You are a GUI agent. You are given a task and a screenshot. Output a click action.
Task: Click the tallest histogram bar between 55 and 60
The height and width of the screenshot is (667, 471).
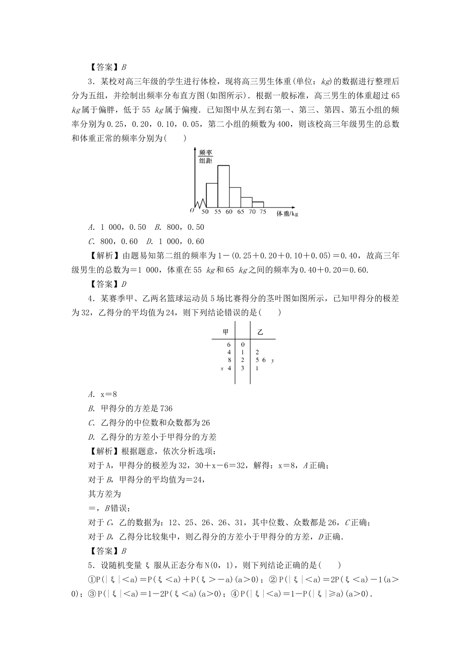(x=223, y=186)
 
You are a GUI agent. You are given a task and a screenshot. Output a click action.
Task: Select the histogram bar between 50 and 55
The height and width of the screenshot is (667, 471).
(x=212, y=195)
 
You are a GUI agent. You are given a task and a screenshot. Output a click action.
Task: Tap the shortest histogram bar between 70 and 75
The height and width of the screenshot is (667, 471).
(x=258, y=204)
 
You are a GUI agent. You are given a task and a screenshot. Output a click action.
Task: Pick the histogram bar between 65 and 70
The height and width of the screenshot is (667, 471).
(x=246, y=202)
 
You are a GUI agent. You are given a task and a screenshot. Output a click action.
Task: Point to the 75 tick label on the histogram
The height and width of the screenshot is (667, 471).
(x=263, y=212)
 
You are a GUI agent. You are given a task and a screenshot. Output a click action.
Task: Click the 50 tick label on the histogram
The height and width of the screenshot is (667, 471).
(x=205, y=212)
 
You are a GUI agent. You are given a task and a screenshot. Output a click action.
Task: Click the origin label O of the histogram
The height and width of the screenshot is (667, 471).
(x=191, y=210)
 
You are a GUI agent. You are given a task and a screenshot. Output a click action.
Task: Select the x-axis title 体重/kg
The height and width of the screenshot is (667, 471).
(x=288, y=214)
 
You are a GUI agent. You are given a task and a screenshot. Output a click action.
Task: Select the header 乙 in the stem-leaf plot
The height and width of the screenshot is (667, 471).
(x=260, y=331)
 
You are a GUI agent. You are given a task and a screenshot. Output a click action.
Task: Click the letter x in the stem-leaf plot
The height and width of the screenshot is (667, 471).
(x=222, y=368)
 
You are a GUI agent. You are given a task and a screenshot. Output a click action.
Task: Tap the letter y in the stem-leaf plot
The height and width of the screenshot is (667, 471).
(x=273, y=360)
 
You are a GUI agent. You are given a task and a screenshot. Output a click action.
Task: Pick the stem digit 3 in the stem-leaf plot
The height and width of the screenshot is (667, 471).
(x=242, y=368)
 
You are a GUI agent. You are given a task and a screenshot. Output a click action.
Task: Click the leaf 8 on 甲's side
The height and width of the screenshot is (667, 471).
(x=230, y=360)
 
